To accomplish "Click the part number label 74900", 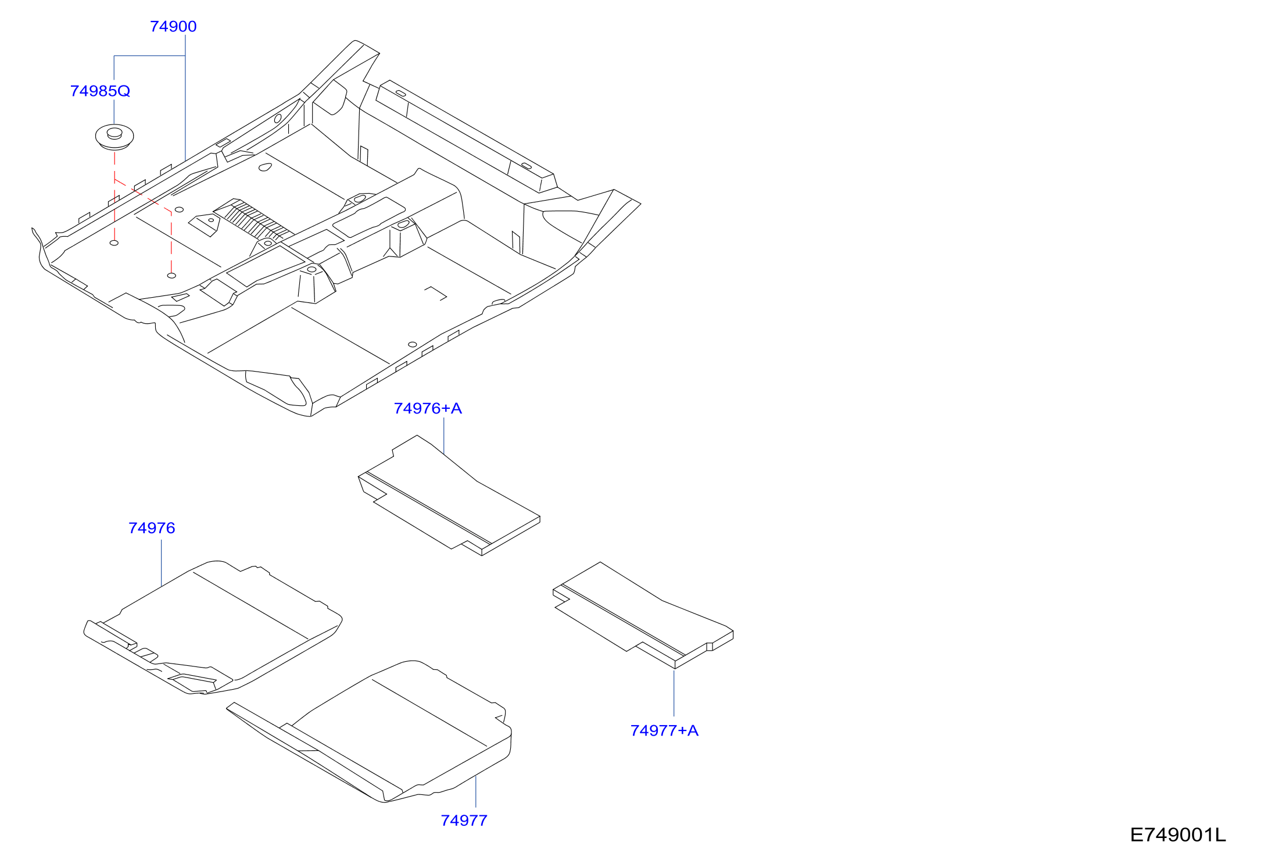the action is [173, 27].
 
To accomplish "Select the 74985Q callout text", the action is [100, 91].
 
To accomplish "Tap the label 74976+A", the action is [428, 409].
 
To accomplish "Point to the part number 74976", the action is [152, 528].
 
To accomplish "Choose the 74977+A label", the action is [664, 731].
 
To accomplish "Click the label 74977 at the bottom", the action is [464, 821].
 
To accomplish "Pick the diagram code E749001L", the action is [1177, 835].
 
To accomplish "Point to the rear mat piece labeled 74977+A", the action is [642, 615].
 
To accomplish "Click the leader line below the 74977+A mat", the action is [674, 693].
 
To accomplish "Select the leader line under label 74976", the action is [162, 563].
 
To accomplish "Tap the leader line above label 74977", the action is [476, 791].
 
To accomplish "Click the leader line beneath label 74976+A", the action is [444, 436].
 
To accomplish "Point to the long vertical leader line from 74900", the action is [185, 98].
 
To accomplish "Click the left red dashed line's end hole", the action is [114, 243].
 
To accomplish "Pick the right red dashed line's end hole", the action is [171, 276].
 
